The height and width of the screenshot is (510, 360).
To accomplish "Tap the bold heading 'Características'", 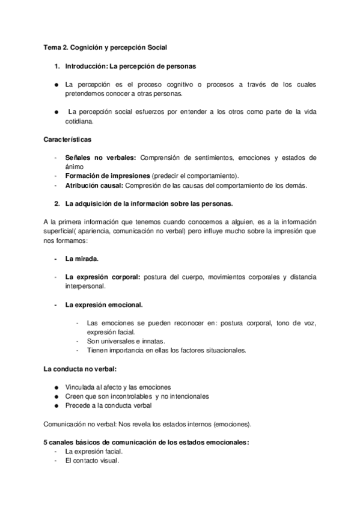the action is click(x=68, y=140).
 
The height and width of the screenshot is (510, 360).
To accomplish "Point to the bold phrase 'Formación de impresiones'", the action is click(x=108, y=176).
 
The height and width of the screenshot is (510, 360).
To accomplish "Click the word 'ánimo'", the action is click(x=75, y=167).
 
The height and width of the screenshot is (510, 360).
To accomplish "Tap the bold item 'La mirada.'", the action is click(x=82, y=259).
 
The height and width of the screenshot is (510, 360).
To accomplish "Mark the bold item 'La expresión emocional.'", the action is click(x=104, y=305).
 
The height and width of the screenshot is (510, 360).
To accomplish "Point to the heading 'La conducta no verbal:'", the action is click(x=79, y=368).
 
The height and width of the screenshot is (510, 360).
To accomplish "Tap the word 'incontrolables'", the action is click(x=126, y=396).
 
